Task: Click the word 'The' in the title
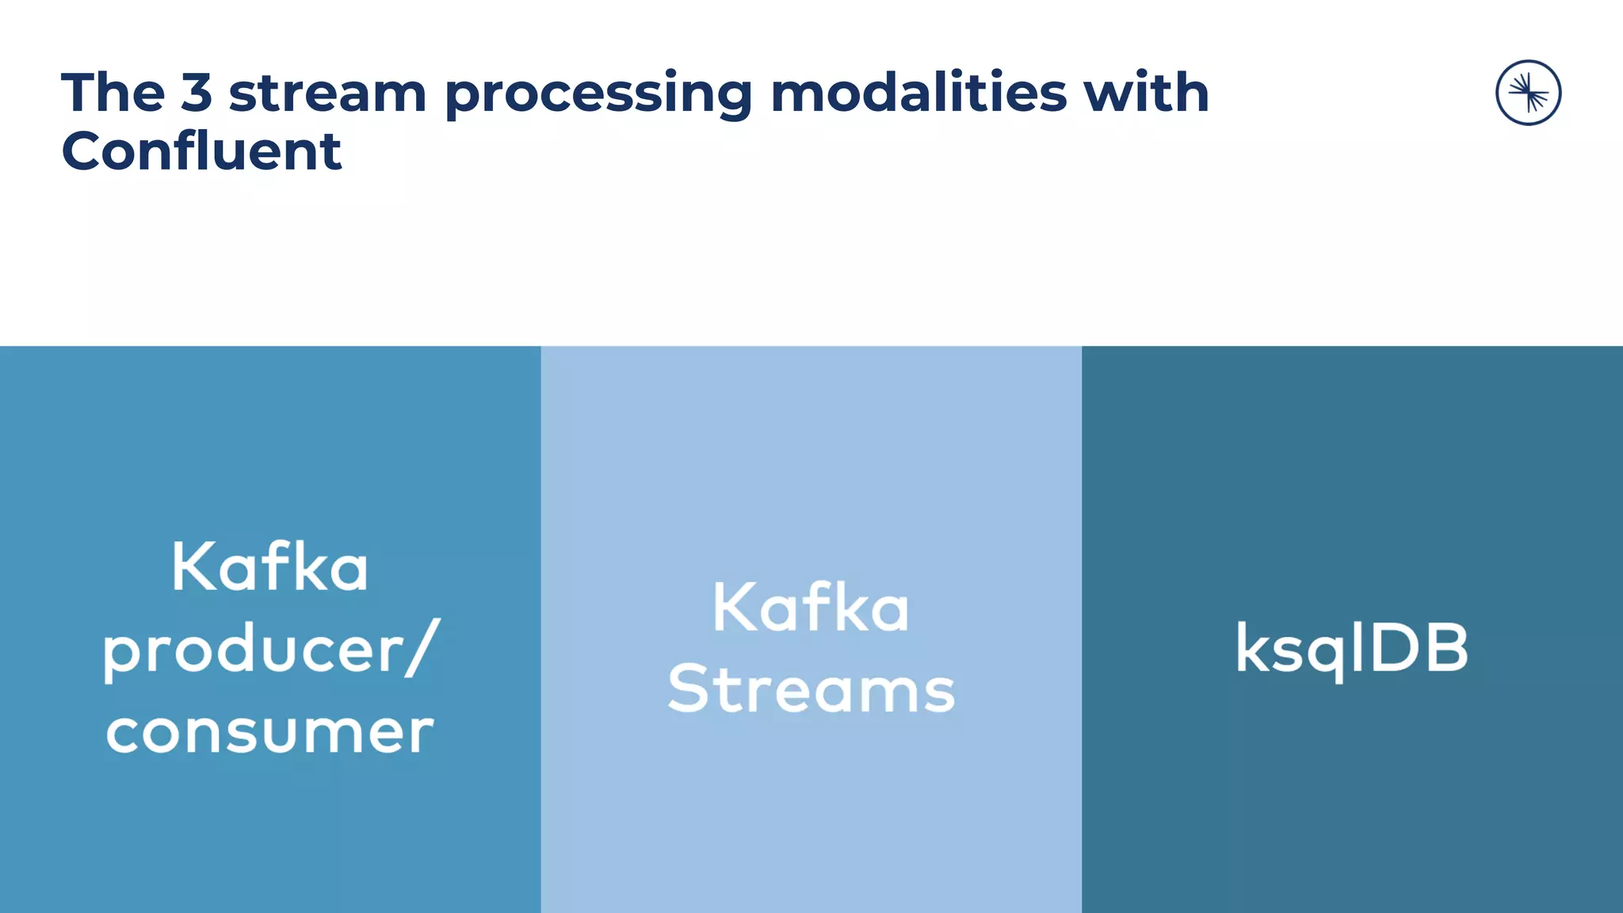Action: (x=113, y=94)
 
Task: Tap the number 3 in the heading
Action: (x=197, y=94)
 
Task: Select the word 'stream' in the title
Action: (x=327, y=94)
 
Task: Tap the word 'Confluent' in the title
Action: (x=201, y=151)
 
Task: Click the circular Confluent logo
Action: (x=1528, y=93)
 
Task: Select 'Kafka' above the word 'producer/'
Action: (x=270, y=567)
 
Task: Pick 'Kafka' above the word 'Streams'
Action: (x=811, y=609)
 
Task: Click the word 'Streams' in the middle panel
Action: (x=811, y=690)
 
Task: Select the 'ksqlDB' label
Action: (x=1352, y=649)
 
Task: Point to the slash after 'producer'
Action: (x=422, y=648)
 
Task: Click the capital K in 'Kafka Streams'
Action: (x=733, y=608)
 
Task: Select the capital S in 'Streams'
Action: (x=687, y=689)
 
